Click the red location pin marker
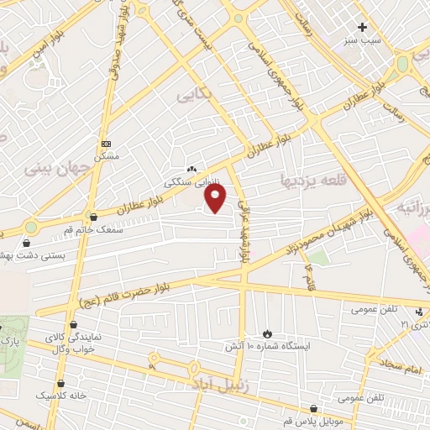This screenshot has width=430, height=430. [x=216, y=199]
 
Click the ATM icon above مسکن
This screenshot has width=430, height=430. [x=105, y=144]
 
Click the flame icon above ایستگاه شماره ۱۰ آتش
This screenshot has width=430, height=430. [x=268, y=333]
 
